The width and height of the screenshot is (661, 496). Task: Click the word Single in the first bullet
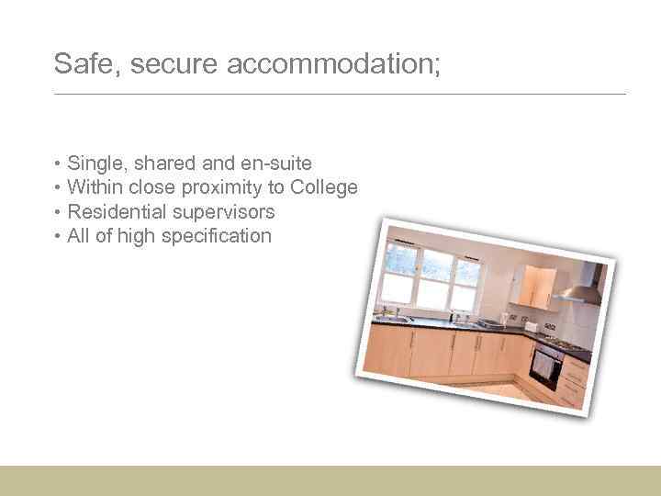(x=98, y=163)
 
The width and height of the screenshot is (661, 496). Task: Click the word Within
(x=95, y=187)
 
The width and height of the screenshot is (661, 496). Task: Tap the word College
(x=324, y=187)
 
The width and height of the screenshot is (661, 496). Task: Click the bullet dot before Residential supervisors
(x=58, y=212)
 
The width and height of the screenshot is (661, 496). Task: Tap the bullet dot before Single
(x=58, y=164)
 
